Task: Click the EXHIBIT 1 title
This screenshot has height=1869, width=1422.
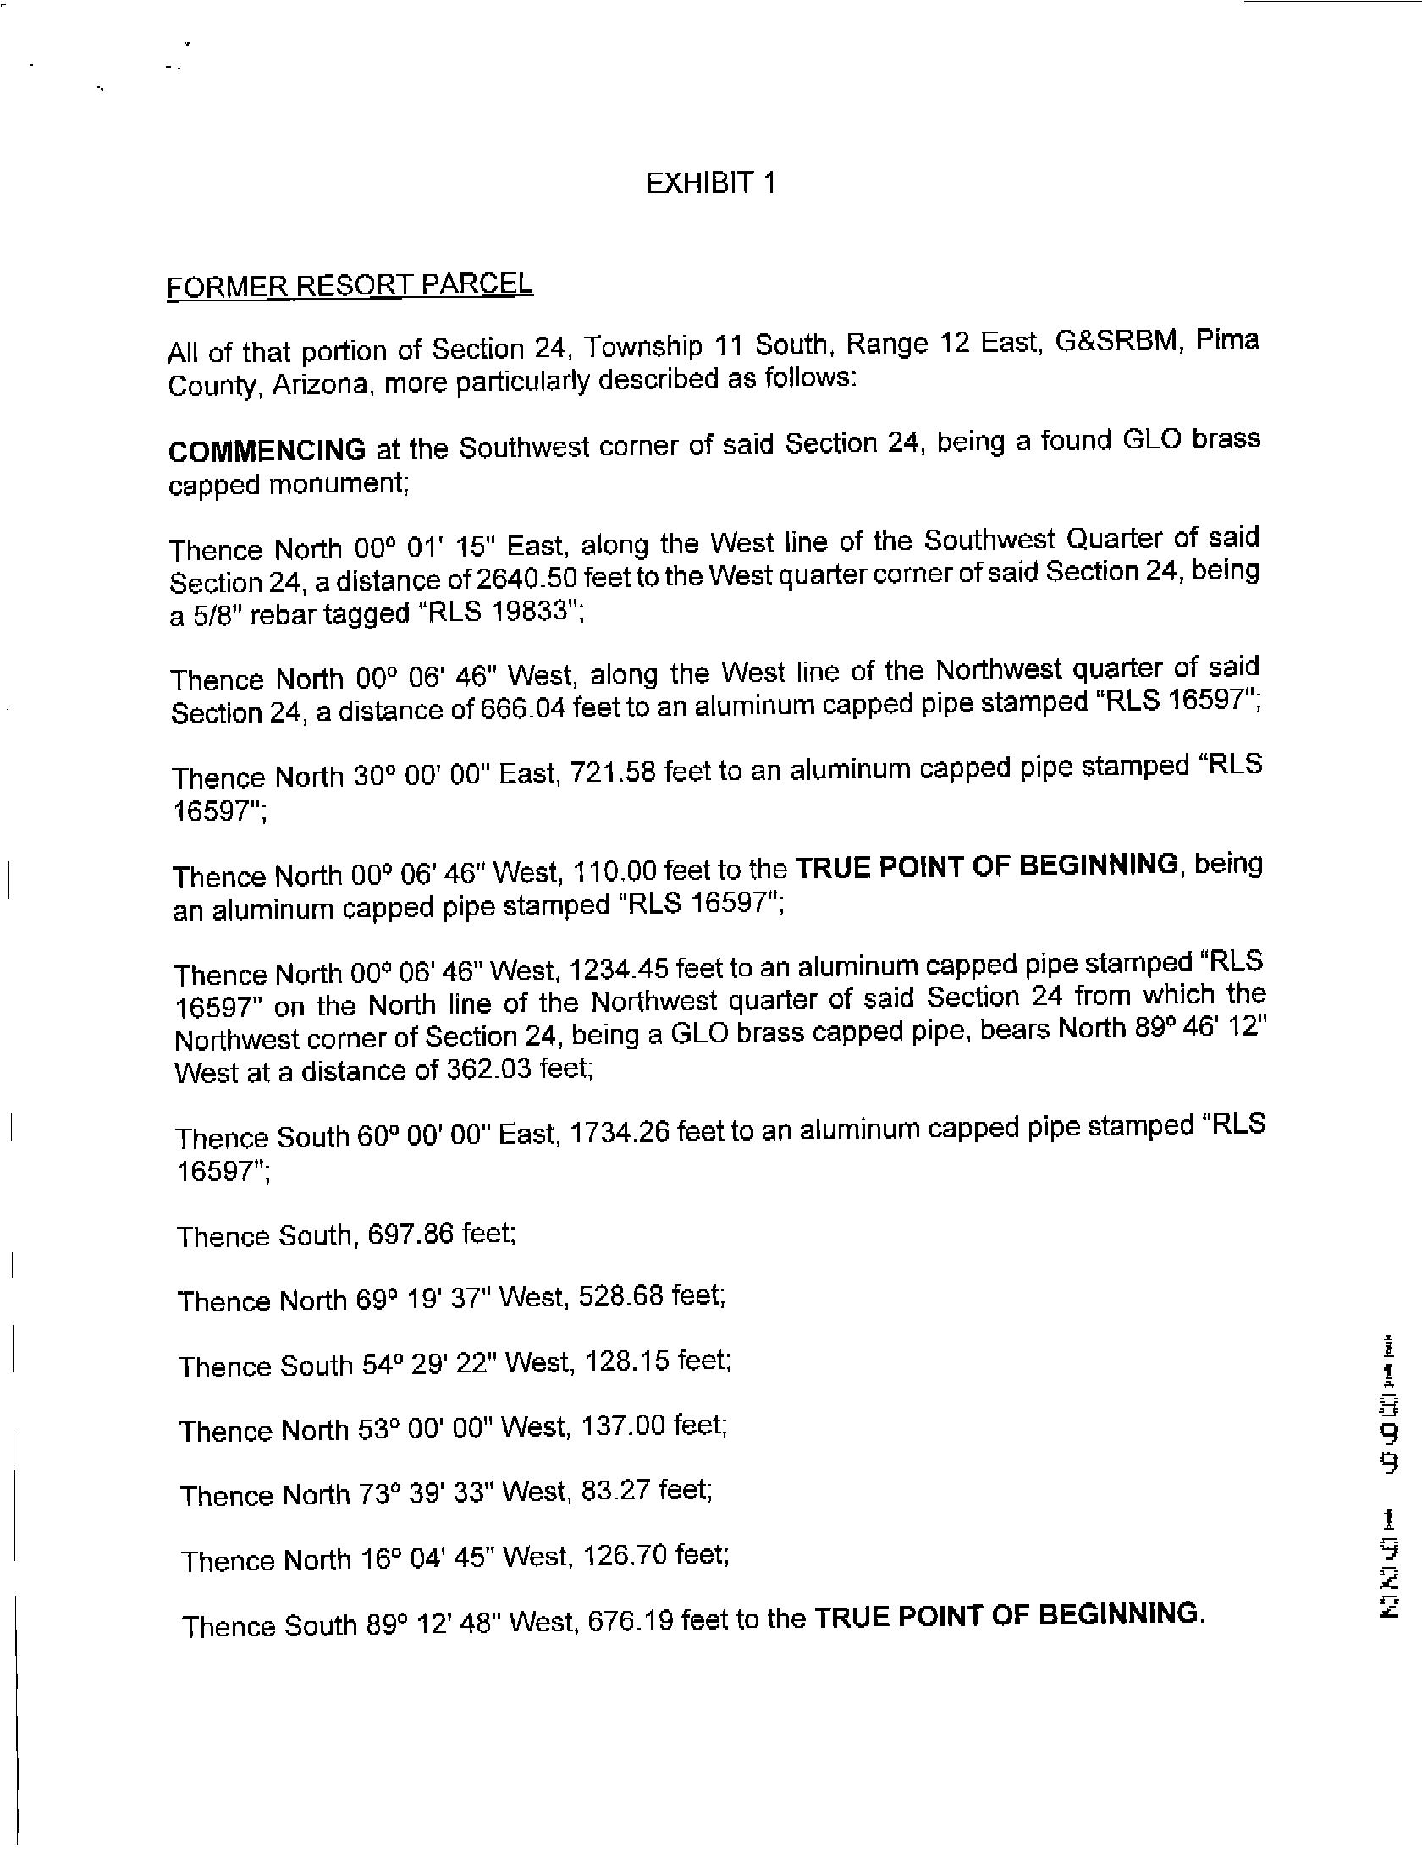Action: pyautogui.click(x=710, y=183)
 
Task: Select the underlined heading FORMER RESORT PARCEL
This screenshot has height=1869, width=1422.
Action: pyautogui.click(x=350, y=285)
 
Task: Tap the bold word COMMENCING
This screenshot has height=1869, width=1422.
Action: pyautogui.click(x=267, y=449)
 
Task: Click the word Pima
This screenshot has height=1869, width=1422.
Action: pyautogui.click(x=1227, y=340)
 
